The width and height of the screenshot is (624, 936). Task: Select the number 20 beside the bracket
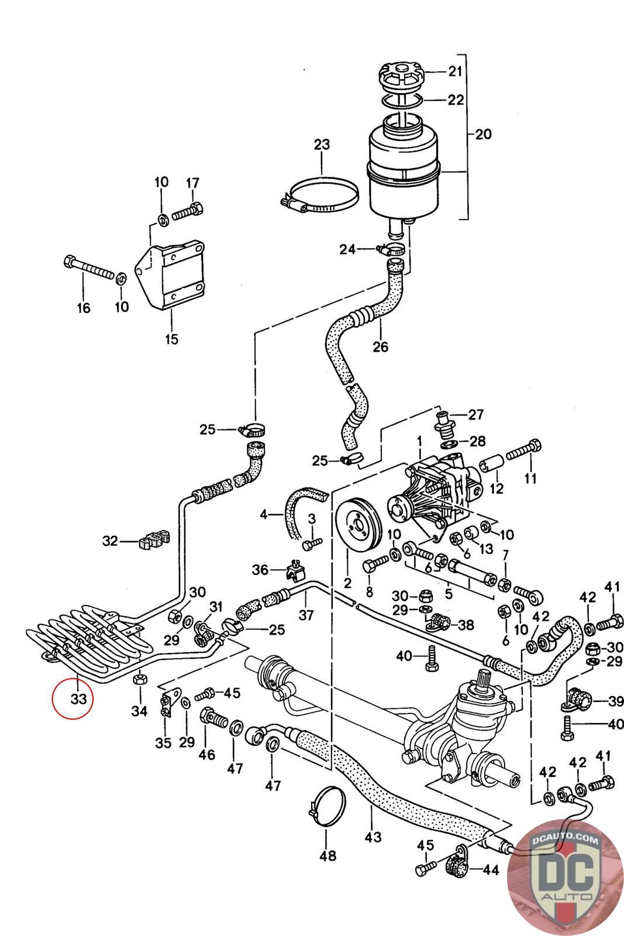[x=483, y=134]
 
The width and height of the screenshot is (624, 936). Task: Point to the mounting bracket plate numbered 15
[x=169, y=276]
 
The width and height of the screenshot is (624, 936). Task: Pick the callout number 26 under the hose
[x=380, y=346]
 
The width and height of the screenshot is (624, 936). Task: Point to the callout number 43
[x=373, y=837]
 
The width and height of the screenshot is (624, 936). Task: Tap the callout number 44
[x=491, y=870]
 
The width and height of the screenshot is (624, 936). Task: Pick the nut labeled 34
[x=140, y=679]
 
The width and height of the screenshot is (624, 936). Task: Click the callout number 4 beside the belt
[x=264, y=515]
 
